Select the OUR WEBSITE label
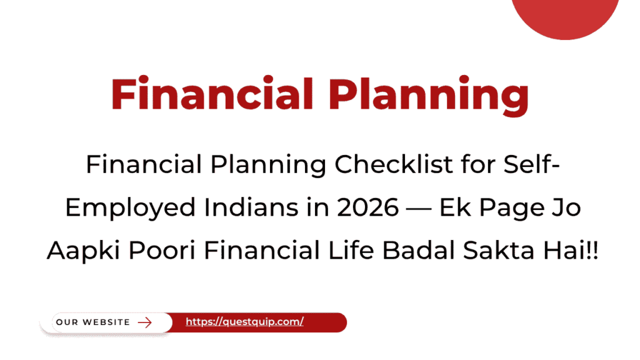[93, 322]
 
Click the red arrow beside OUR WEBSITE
[145, 322]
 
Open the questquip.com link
[244, 322]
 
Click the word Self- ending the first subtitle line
[524, 166]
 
